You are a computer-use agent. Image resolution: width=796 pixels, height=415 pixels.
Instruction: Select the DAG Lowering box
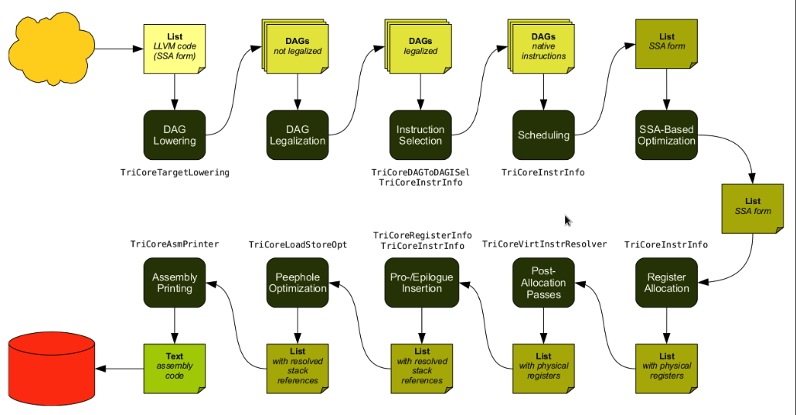point(175,135)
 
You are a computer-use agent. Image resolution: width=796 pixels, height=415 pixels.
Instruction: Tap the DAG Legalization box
point(298,135)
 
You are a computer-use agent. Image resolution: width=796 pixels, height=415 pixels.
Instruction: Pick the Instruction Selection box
point(420,135)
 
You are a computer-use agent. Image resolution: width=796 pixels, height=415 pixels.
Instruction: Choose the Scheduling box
point(544,135)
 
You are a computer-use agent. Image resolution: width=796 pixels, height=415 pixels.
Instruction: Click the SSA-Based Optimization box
point(667,135)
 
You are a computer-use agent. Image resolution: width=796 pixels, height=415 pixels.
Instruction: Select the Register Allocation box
point(667,282)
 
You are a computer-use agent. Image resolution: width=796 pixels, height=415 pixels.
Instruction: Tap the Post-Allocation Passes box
point(544,282)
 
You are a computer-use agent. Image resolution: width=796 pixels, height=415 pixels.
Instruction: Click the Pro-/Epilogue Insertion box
point(421,282)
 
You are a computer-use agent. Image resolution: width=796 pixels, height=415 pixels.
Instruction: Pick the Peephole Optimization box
point(298,282)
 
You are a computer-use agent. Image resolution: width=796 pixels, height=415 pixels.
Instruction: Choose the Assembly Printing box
point(175,282)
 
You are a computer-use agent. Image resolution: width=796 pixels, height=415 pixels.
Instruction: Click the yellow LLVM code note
point(175,49)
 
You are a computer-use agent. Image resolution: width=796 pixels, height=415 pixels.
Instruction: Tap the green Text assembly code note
point(175,366)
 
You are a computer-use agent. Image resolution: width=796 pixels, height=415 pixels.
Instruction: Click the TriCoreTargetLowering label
point(175,172)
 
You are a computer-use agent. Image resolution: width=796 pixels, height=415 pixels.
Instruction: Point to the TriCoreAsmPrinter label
point(175,244)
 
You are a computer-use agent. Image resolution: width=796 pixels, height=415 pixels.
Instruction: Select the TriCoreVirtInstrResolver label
point(544,244)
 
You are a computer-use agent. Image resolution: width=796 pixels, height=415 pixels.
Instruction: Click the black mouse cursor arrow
point(567,221)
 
